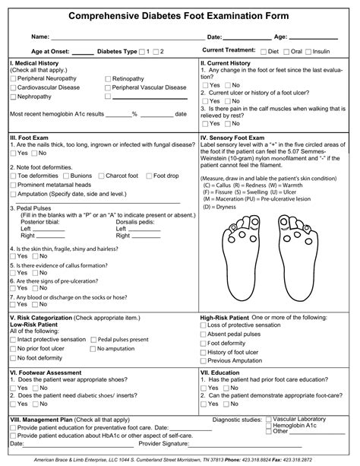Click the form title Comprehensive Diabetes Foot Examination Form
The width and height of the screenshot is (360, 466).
[x=180, y=15]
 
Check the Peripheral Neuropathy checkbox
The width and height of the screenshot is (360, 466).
[x=13, y=78]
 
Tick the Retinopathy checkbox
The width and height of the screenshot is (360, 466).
[x=107, y=78]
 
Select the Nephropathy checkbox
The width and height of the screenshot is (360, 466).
[x=13, y=97]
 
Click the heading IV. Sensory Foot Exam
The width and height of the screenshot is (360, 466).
[x=235, y=138]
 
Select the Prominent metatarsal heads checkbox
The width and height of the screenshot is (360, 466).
[x=13, y=185]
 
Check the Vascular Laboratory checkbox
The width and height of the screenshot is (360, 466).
[x=269, y=419]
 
